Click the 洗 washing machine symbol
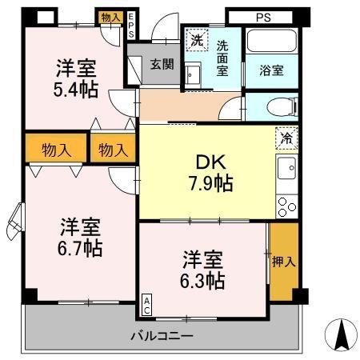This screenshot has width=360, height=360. click(196, 39)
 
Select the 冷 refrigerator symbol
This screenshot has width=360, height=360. click(286, 138)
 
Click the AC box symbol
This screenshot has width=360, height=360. click(148, 304)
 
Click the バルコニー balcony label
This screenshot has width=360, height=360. click(162, 335)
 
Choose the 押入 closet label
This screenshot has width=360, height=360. click(283, 261)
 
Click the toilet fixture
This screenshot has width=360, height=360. click(285, 106)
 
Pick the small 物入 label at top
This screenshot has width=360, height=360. click(111, 17)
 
